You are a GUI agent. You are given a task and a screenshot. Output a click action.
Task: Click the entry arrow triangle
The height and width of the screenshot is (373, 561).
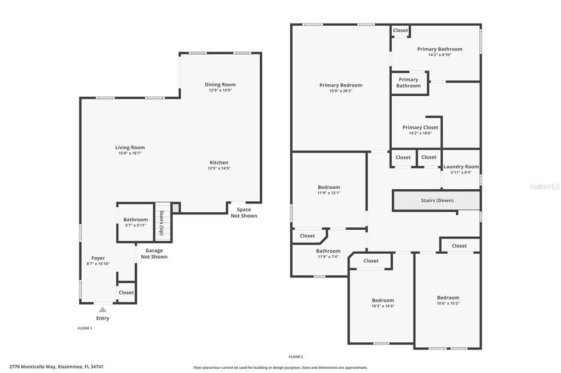click(x=102, y=310)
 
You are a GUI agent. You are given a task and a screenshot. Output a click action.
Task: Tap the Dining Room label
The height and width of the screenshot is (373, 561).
click(x=220, y=85)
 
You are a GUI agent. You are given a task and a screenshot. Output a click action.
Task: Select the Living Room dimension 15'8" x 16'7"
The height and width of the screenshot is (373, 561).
click(x=130, y=154)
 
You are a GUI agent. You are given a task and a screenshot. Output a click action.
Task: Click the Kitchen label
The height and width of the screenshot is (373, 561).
click(x=219, y=162)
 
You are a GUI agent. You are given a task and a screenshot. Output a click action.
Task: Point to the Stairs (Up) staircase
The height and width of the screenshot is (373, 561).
click(x=163, y=223)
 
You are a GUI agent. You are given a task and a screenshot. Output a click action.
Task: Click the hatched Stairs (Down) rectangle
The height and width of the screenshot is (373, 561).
click(x=436, y=200)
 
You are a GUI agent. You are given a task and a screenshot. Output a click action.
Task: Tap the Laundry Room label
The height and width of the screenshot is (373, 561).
click(x=461, y=167)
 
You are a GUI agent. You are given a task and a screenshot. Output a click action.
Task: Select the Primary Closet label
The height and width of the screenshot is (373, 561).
click(x=420, y=127)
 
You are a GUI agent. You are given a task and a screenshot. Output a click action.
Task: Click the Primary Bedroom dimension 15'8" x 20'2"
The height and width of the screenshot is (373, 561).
click(x=341, y=91)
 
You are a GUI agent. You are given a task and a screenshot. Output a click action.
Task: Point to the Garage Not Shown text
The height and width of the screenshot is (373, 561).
click(x=154, y=254)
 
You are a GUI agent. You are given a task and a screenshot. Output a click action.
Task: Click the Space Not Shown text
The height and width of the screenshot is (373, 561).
click(x=244, y=213)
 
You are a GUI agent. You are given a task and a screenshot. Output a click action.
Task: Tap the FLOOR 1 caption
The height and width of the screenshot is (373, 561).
click(x=84, y=328)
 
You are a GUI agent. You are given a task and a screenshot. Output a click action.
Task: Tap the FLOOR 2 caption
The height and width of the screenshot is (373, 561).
click(x=296, y=357)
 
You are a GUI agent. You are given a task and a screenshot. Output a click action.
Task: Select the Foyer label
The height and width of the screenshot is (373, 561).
click(x=98, y=258)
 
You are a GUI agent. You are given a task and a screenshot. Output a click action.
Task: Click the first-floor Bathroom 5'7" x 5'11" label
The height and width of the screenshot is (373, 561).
click(x=135, y=220)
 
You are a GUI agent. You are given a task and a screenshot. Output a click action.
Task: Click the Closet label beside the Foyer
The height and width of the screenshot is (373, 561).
click(x=126, y=293)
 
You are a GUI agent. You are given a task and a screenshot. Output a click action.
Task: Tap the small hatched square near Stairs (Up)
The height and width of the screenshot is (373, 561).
click(x=175, y=207)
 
